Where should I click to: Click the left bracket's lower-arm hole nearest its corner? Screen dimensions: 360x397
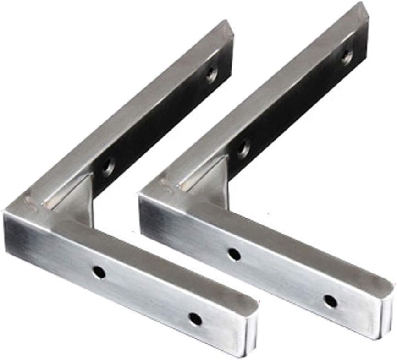click(98, 273)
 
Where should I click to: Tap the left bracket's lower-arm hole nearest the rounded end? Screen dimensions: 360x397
click(195, 319)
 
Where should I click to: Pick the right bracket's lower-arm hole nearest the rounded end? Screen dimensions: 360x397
click(330, 301)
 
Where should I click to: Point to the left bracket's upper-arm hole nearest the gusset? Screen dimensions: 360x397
click(108, 166)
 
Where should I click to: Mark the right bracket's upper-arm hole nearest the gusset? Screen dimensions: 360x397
click(243, 148)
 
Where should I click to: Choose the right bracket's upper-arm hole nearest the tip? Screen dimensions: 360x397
click(347, 56)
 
